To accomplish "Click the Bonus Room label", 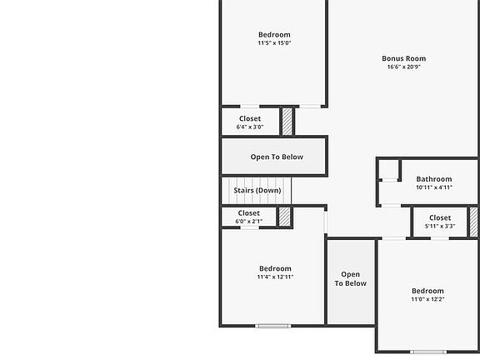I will click(404, 58).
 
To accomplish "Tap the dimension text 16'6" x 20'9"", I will click(404, 67).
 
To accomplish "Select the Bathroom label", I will click(434, 179).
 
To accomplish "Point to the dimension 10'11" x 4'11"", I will click(434, 188).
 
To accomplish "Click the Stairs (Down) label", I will click(257, 191).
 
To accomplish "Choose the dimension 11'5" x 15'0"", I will click(274, 43).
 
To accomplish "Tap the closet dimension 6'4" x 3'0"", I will click(250, 127).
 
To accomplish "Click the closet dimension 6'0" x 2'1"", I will click(249, 222).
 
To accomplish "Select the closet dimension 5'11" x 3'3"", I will click(440, 227).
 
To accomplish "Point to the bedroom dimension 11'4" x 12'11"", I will click(275, 277).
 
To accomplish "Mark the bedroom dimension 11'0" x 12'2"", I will click(427, 300).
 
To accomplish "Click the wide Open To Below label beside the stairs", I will click(277, 157).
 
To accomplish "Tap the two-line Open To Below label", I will click(351, 279).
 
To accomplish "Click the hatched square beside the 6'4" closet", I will click(287, 121).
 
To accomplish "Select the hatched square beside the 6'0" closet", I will click(284, 217).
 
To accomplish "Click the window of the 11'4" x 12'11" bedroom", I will click(272, 326).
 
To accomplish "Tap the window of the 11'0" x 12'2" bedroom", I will click(427, 352).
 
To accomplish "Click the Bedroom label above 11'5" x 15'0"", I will click(274, 35).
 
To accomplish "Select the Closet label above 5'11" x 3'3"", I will click(440, 218).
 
